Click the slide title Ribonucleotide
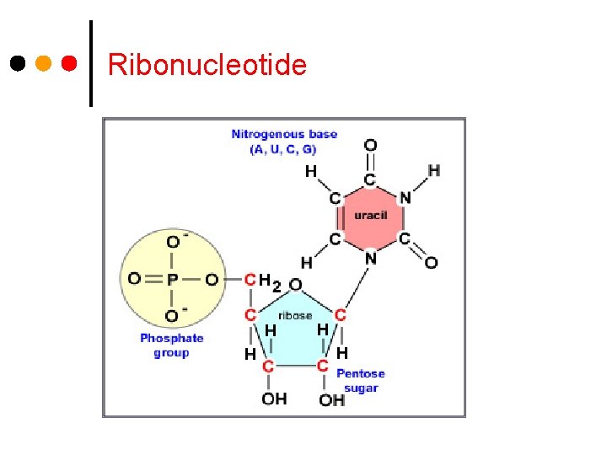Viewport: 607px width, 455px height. click(207, 64)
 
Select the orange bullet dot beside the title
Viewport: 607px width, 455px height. click(44, 63)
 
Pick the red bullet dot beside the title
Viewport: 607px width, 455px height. click(70, 63)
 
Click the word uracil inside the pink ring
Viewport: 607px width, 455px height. click(370, 216)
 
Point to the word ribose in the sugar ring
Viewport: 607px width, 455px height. click(295, 315)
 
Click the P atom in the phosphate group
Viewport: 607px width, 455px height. click(173, 279)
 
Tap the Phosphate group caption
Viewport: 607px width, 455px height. click(172, 345)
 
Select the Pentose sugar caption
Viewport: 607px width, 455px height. click(360, 381)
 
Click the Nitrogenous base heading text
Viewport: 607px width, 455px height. click(284, 134)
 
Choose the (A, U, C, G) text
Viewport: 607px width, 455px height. click(282, 149)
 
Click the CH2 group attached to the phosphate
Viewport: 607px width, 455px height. click(259, 280)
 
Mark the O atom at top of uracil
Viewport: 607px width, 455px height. click(370, 146)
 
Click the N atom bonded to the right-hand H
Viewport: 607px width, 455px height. click(405, 198)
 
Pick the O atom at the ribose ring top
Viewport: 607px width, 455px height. click(296, 285)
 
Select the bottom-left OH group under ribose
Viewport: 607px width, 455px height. click(274, 399)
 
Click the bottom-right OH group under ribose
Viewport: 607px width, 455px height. click(331, 399)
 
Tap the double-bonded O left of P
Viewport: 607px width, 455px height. click(134, 279)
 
